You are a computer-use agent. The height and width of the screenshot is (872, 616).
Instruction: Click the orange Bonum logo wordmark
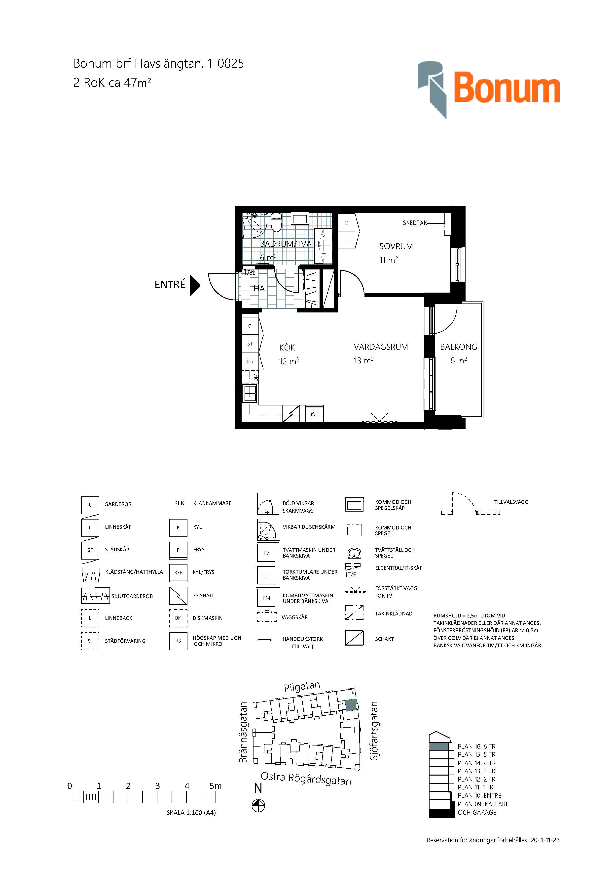pyautogui.click(x=507, y=88)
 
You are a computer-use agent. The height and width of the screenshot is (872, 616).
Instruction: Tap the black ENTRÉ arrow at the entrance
pyautogui.click(x=195, y=285)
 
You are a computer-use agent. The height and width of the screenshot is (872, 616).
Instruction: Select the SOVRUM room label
pyautogui.click(x=396, y=246)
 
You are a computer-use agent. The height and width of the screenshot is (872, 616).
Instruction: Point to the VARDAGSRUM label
pyautogui.click(x=381, y=347)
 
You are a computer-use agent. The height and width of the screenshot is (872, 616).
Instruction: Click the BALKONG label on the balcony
pyautogui.click(x=459, y=347)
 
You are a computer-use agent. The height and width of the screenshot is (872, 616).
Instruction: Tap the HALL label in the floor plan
pyautogui.click(x=263, y=288)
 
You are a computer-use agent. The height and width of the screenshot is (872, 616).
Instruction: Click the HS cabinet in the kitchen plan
pyautogui.click(x=250, y=361)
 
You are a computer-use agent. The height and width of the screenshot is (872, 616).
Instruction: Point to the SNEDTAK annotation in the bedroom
pyautogui.click(x=415, y=223)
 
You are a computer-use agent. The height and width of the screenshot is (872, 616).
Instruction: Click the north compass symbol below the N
pyautogui.click(x=258, y=806)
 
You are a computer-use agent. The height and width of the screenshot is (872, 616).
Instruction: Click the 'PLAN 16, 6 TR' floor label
pyautogui.click(x=476, y=746)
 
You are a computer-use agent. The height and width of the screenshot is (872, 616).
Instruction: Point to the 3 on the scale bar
pyautogui.click(x=157, y=786)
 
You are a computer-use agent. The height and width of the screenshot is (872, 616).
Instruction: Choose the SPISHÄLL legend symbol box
pyautogui.click(x=178, y=596)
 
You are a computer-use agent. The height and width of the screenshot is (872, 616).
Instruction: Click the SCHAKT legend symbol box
pyautogui.click(x=354, y=638)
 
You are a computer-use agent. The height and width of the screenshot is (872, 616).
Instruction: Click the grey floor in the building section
pyautogui.click(x=439, y=746)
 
